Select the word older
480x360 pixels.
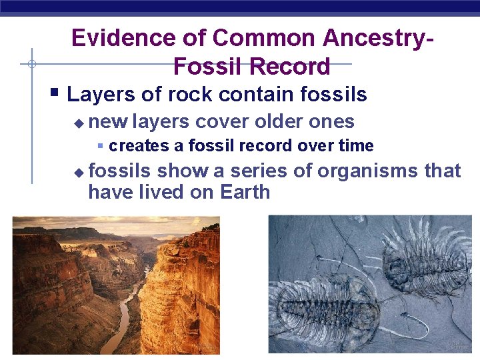280,122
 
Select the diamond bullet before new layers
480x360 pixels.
79,124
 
